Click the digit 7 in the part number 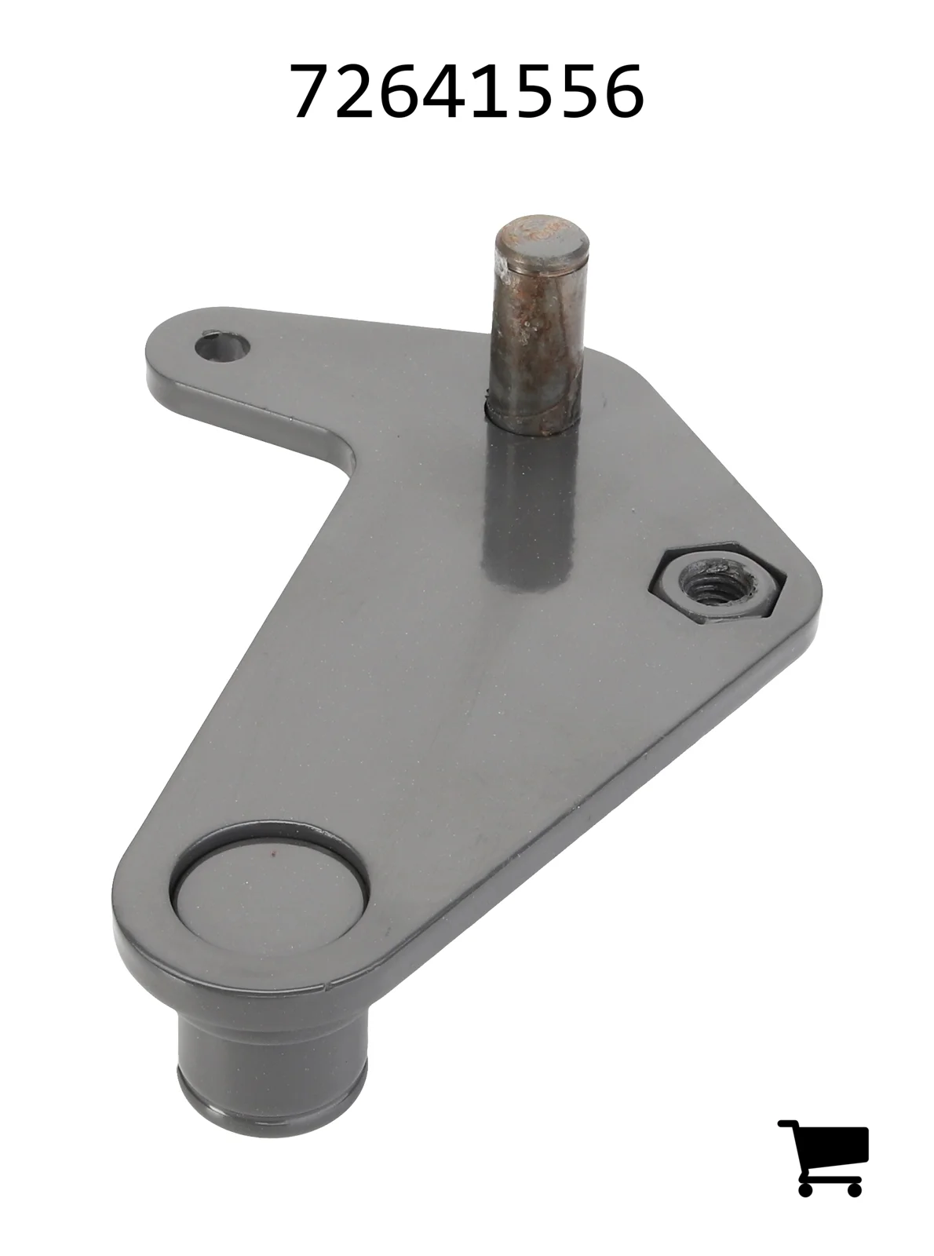313,92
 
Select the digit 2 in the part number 357,91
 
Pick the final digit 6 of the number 622,92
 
